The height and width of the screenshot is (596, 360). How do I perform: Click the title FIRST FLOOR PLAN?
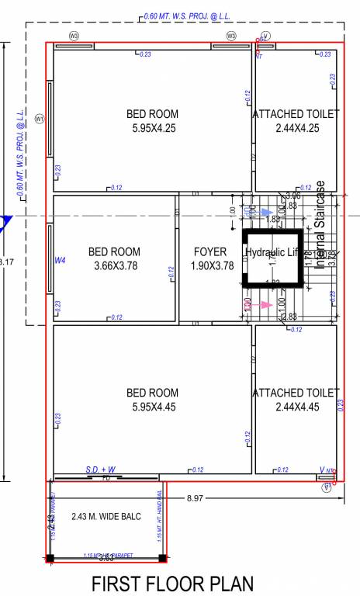pos(172,583)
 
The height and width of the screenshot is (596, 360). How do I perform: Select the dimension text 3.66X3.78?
pos(114,266)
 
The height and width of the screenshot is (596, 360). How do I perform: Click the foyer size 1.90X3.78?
pos(212,266)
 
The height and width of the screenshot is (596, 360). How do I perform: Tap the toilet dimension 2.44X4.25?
pos(296,128)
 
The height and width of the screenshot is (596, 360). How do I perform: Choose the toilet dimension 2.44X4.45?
pos(296,407)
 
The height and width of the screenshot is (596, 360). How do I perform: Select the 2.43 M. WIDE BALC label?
pos(106,516)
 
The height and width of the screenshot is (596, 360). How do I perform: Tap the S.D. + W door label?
pos(101,470)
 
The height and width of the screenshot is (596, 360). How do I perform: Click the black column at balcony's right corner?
pos(162,557)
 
